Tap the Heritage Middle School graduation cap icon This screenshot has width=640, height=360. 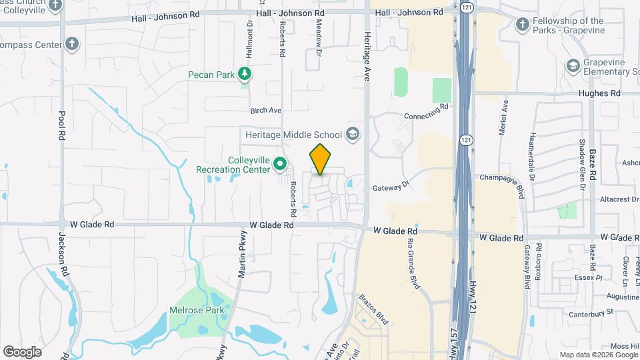pos(352,135)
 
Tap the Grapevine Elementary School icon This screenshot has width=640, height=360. pos(572,65)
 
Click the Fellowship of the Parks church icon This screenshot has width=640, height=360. pos(523,25)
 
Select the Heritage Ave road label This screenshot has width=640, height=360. pos(366,59)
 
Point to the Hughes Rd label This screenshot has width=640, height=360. pos(599,94)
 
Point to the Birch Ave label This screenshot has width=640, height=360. pos(266,110)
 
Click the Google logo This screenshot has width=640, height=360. pos(22,351)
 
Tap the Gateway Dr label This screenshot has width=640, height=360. pos(390,187)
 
